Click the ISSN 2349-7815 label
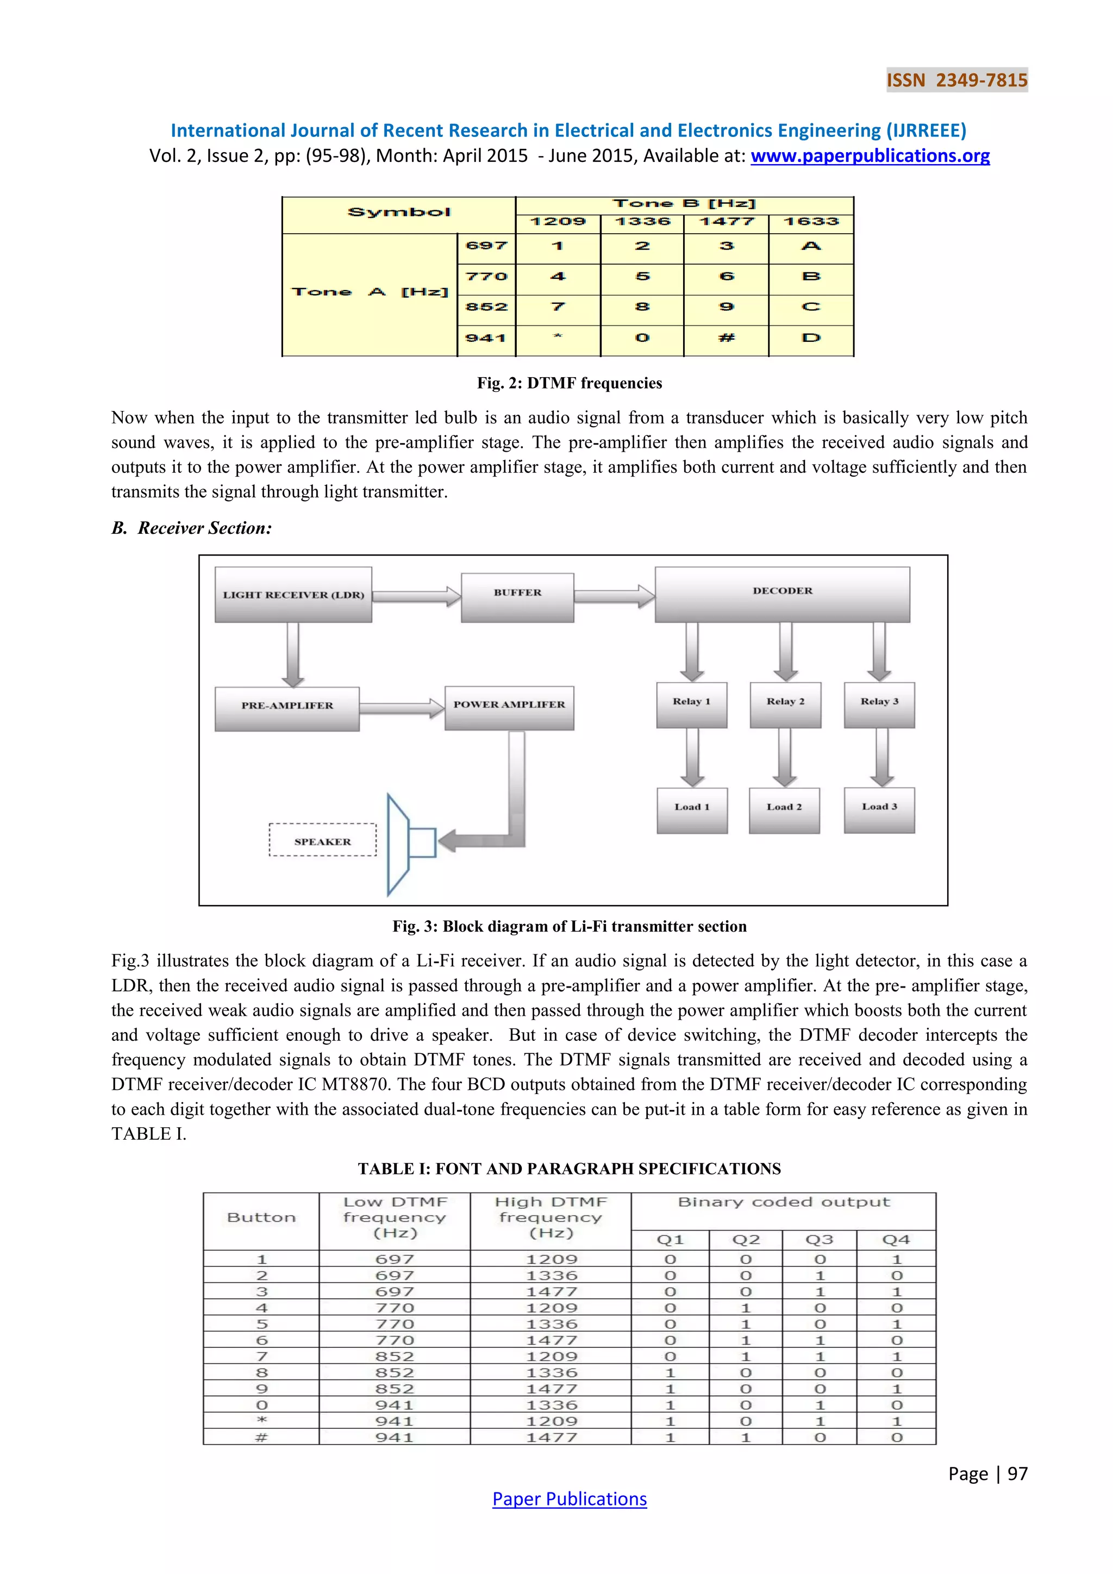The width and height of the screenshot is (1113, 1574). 956,80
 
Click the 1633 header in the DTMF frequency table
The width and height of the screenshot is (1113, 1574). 811,221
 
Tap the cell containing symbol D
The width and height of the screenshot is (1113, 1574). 811,338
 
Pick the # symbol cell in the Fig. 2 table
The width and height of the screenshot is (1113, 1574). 727,338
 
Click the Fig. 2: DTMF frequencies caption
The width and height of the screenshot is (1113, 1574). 570,383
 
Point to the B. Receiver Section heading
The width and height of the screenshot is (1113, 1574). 192,528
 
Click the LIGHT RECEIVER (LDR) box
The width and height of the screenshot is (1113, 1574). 293,595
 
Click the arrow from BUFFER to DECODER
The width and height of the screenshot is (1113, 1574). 614,596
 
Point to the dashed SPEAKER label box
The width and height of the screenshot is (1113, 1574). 323,840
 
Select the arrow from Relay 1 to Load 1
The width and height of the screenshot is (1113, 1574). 692,757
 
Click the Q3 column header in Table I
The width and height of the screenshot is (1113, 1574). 819,1239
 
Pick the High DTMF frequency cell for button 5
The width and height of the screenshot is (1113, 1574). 552,1325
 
